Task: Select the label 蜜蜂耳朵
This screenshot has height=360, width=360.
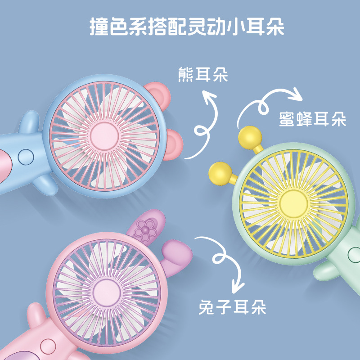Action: pos(312,119)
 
